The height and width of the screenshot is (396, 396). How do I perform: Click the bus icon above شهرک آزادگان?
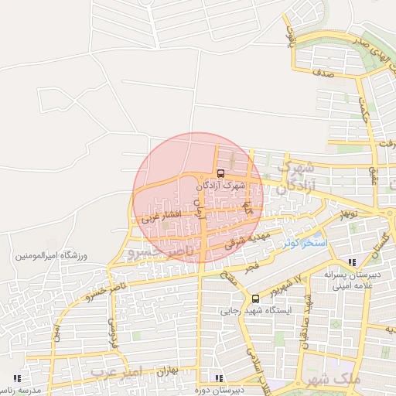tap(220, 173)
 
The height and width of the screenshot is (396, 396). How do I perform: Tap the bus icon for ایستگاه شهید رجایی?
tap(256, 299)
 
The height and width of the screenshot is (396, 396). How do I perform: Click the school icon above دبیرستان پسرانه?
tap(353, 262)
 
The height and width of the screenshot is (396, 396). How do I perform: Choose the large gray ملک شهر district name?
tap(335, 380)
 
